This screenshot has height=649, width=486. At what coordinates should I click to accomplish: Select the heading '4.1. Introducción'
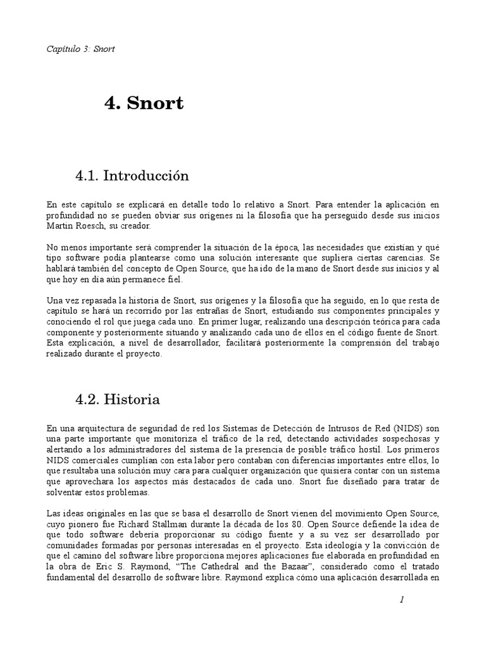click(x=132, y=176)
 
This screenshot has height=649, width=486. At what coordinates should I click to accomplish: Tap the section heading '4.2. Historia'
click(x=117, y=399)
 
